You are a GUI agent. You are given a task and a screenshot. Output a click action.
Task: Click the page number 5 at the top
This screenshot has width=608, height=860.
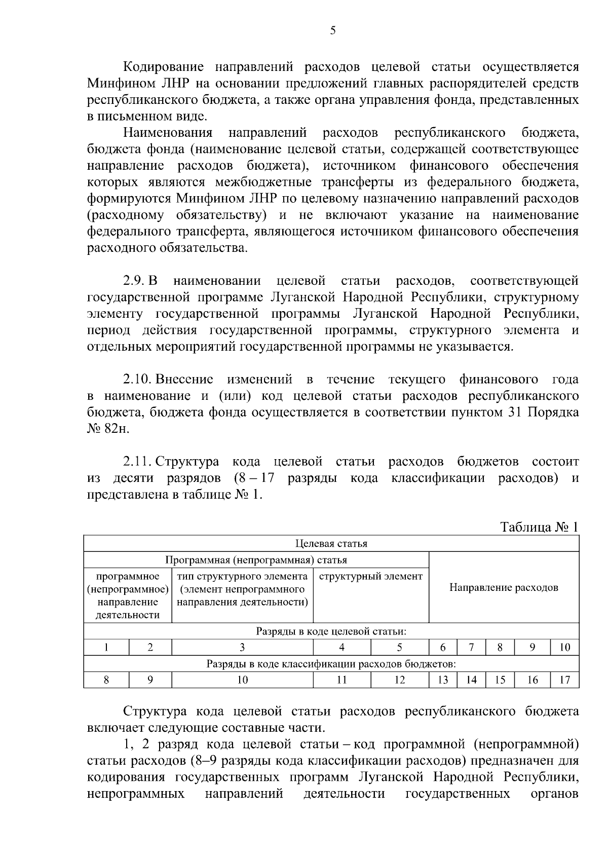332,30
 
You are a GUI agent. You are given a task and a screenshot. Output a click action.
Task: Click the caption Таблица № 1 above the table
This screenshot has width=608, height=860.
539,527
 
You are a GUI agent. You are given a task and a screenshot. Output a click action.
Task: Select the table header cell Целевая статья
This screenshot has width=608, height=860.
331,544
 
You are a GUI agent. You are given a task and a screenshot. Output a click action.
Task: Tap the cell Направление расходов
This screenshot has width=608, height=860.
504,587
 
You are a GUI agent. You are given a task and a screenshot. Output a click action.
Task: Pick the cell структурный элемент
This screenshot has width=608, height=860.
371,576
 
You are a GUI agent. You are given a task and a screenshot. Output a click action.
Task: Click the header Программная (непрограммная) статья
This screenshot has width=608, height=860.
256,560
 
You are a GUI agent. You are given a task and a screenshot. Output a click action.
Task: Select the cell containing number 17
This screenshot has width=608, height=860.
564,680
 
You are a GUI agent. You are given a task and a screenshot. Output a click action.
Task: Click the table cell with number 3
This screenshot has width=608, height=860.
242,647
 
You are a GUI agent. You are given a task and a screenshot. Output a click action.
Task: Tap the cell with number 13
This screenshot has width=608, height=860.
443,680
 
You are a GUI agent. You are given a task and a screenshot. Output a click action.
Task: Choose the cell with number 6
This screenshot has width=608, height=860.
443,647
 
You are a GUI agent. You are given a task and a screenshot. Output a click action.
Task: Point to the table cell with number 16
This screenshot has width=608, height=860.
532,680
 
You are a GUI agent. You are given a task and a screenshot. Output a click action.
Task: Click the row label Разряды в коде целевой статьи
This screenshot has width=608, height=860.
331,631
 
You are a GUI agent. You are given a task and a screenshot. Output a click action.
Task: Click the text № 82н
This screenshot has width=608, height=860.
108,428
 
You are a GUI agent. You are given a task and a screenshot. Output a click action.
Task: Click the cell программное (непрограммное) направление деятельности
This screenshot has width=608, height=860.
128,595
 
